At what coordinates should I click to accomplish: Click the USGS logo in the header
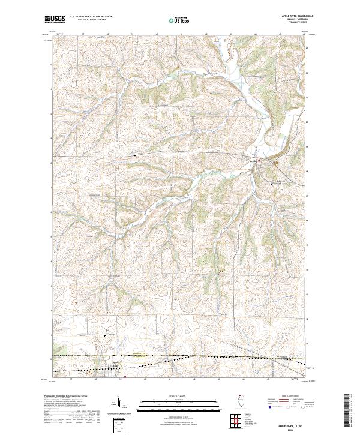coord(55,20)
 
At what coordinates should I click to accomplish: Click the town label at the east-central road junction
coord(253,160)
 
